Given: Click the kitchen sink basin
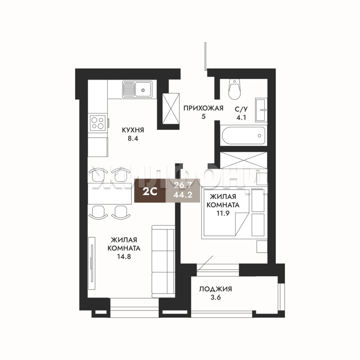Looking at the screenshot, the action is click(143, 89).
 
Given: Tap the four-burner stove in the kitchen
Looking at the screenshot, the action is click(98, 123).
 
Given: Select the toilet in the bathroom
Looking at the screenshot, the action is click(235, 89).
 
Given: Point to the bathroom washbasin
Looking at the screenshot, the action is click(261, 110).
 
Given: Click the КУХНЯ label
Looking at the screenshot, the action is click(133, 130).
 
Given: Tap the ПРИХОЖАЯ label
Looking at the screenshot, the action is click(203, 108).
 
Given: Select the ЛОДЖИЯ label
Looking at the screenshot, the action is click(215, 289).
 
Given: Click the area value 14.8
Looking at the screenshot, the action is click(124, 257).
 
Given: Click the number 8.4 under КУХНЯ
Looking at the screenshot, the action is click(133, 139).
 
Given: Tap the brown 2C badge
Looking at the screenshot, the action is click(150, 191).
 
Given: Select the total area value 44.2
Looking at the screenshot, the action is click(183, 195).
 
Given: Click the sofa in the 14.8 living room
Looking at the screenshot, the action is click(163, 261).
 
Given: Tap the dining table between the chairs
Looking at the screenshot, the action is click(111, 193).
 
